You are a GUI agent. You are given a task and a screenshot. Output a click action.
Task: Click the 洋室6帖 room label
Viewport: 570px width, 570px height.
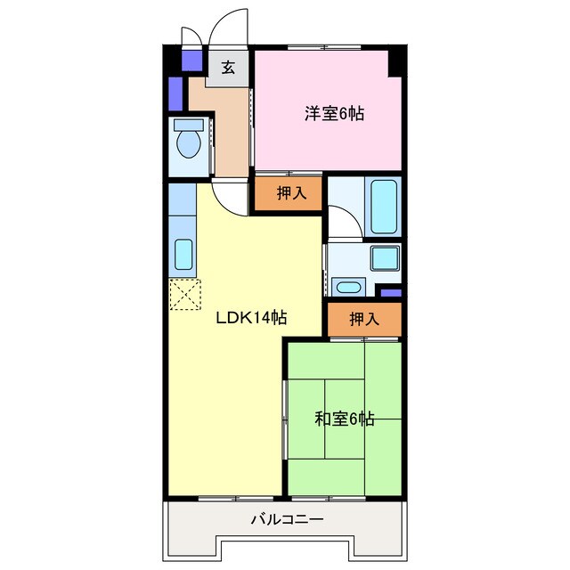[x=334, y=113]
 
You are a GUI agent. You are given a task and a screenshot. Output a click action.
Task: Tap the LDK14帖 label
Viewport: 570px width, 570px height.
[x=252, y=318]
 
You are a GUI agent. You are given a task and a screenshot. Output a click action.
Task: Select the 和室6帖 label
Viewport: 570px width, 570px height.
[x=345, y=419]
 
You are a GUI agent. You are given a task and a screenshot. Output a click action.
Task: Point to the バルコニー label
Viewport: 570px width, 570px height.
[x=287, y=519]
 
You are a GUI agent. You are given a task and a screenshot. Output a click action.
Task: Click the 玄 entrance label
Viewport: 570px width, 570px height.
[x=229, y=68]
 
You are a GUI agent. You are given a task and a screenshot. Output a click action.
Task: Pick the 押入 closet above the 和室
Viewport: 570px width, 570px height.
[x=363, y=319]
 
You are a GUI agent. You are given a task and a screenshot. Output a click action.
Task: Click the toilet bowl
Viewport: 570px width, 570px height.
[x=188, y=142]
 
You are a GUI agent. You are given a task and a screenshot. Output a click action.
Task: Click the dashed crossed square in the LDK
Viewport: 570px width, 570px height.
[x=185, y=295]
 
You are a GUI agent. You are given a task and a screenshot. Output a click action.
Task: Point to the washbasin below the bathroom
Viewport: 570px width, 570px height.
[x=346, y=287]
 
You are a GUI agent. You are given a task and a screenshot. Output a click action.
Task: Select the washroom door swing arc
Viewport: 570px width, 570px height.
[x=343, y=221]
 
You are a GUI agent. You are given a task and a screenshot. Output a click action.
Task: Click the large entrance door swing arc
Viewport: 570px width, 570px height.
[x=228, y=27]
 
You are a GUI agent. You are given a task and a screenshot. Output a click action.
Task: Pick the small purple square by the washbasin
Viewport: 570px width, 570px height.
[x=390, y=292]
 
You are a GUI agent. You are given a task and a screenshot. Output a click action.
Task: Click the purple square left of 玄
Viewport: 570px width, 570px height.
[x=191, y=61]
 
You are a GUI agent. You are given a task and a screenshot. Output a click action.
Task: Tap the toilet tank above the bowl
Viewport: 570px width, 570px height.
[x=187, y=124]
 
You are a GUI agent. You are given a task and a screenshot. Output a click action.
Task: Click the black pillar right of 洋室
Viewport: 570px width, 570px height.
[x=396, y=63]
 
